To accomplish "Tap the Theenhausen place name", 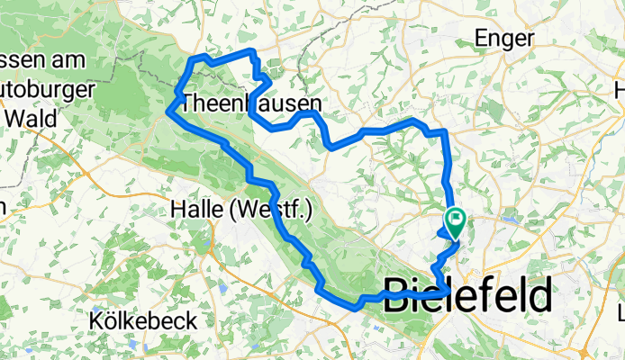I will coord(250,103).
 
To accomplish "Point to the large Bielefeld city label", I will coord(468,295).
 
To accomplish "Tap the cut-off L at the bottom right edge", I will coord(620,314).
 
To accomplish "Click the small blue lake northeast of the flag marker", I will coord(512,219).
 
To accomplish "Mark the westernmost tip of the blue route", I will coord(168,112).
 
